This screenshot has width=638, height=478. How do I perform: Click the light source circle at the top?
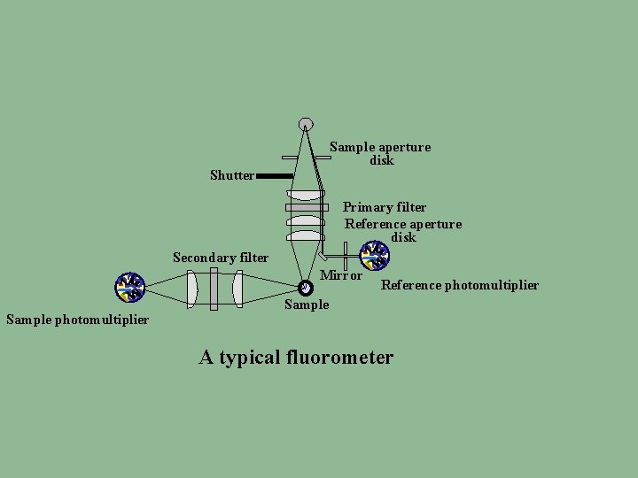306,124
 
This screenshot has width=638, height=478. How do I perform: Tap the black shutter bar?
275,176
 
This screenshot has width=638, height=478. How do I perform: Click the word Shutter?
232,175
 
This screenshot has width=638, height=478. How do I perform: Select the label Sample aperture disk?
380,153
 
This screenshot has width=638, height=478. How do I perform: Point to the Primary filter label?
385,207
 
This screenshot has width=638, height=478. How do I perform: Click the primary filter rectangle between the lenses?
307,207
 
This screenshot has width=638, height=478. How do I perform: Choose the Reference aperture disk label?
403,230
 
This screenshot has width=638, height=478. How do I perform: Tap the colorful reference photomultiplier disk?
375,255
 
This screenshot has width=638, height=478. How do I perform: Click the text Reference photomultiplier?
459,285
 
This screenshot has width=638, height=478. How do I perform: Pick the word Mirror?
341,275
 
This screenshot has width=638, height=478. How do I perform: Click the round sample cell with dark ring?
306,288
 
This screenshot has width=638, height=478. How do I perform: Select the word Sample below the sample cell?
307,305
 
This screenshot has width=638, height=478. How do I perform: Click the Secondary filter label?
221,258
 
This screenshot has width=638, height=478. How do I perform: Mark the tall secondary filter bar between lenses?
214,289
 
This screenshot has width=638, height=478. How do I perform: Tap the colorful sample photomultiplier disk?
130,287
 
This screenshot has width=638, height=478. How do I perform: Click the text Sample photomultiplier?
77,320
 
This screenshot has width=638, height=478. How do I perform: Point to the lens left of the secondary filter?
192,289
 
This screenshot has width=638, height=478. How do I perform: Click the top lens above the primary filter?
307,194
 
